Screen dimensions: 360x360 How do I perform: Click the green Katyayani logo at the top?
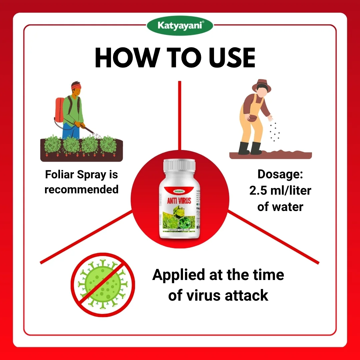[180, 25]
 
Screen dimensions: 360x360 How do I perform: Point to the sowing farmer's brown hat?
[262, 85]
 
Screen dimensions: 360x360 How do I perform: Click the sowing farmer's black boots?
[250, 148]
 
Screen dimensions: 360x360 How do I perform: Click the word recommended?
[81, 189]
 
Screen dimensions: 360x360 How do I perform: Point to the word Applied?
[178, 275]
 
